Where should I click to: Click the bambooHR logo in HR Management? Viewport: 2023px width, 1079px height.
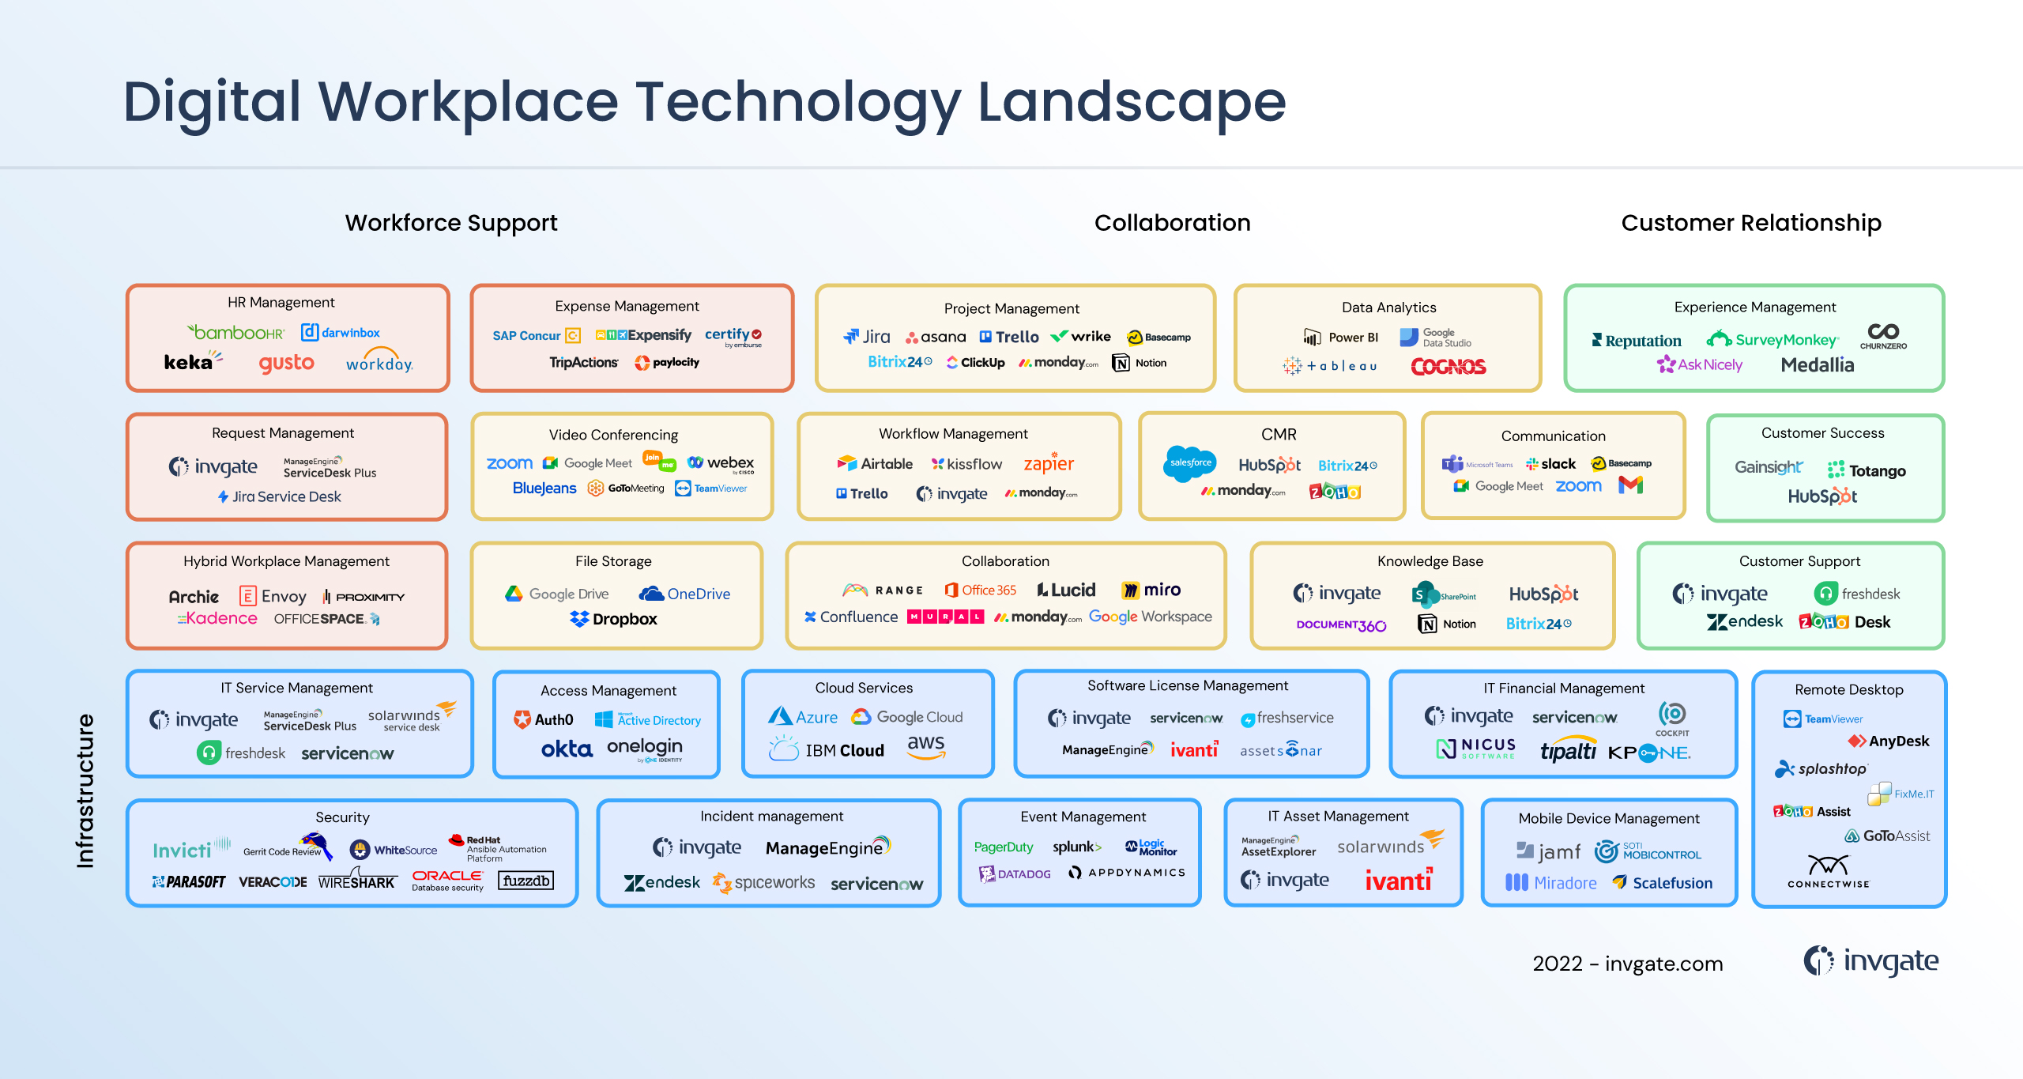click(x=235, y=333)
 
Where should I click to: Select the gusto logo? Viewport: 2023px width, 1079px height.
click(x=286, y=363)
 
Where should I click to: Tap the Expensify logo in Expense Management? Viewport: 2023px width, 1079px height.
click(x=643, y=335)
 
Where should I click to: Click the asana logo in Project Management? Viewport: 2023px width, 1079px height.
click(x=936, y=338)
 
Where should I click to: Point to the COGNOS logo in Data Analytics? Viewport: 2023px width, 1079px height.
click(x=1448, y=366)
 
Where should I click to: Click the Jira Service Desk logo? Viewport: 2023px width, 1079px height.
click(x=280, y=496)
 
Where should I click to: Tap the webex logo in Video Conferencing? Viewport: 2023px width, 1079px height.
click(x=721, y=463)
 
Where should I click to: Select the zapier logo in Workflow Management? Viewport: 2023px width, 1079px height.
click(x=1049, y=464)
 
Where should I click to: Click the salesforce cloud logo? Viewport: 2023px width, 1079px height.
click(x=1190, y=463)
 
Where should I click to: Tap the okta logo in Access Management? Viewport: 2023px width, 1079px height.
click(x=567, y=749)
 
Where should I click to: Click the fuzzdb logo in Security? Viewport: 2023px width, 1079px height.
click(x=526, y=881)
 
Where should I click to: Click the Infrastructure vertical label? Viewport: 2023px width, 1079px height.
click(x=85, y=790)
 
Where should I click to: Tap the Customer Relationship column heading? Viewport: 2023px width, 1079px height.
click(x=1751, y=223)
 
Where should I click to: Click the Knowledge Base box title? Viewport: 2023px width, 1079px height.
click(x=1430, y=561)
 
